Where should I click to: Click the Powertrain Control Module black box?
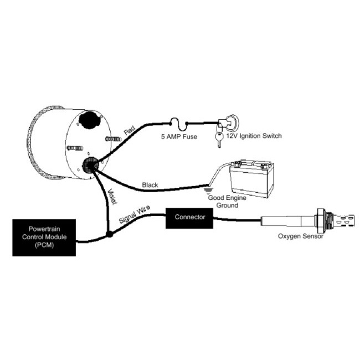(x=44, y=236)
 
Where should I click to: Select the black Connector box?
(x=190, y=217)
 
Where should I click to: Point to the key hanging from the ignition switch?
(x=218, y=138)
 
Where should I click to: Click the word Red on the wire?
(x=130, y=132)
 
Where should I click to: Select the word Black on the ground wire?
(x=150, y=184)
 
